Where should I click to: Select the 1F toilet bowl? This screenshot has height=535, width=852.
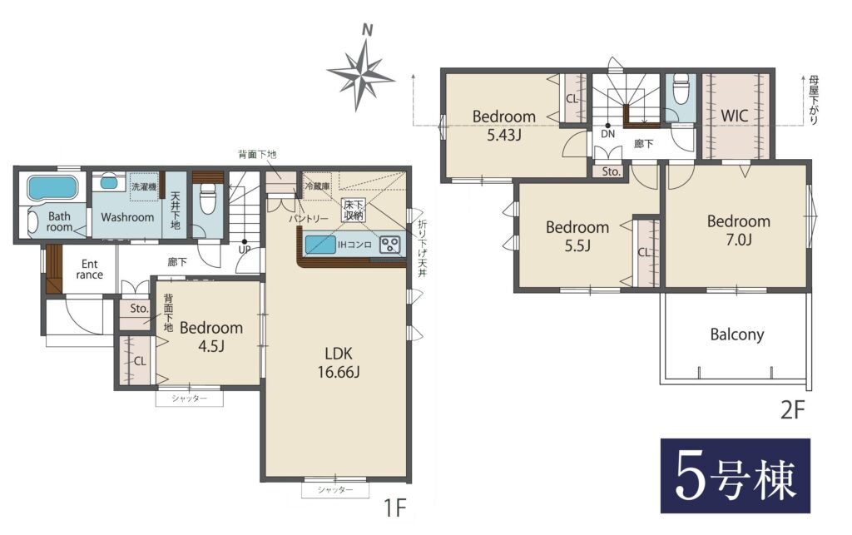(207, 200)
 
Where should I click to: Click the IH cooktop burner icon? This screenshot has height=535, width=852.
(389, 245)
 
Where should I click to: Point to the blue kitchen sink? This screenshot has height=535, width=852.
(320, 245)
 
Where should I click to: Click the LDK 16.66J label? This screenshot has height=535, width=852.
(339, 363)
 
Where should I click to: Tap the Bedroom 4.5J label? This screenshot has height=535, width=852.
(211, 336)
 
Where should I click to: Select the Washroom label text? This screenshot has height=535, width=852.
(127, 217)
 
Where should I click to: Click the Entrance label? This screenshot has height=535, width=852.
(90, 270)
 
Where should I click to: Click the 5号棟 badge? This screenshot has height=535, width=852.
(736, 476)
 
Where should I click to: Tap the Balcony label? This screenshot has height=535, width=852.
(737, 334)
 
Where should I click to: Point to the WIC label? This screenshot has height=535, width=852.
(734, 115)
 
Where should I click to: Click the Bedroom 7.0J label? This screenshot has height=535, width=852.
(739, 230)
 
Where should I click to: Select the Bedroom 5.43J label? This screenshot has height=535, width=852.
(503, 125)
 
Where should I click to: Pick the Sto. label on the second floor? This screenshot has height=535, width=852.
(611, 171)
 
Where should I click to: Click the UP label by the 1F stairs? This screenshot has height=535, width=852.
(245, 250)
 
